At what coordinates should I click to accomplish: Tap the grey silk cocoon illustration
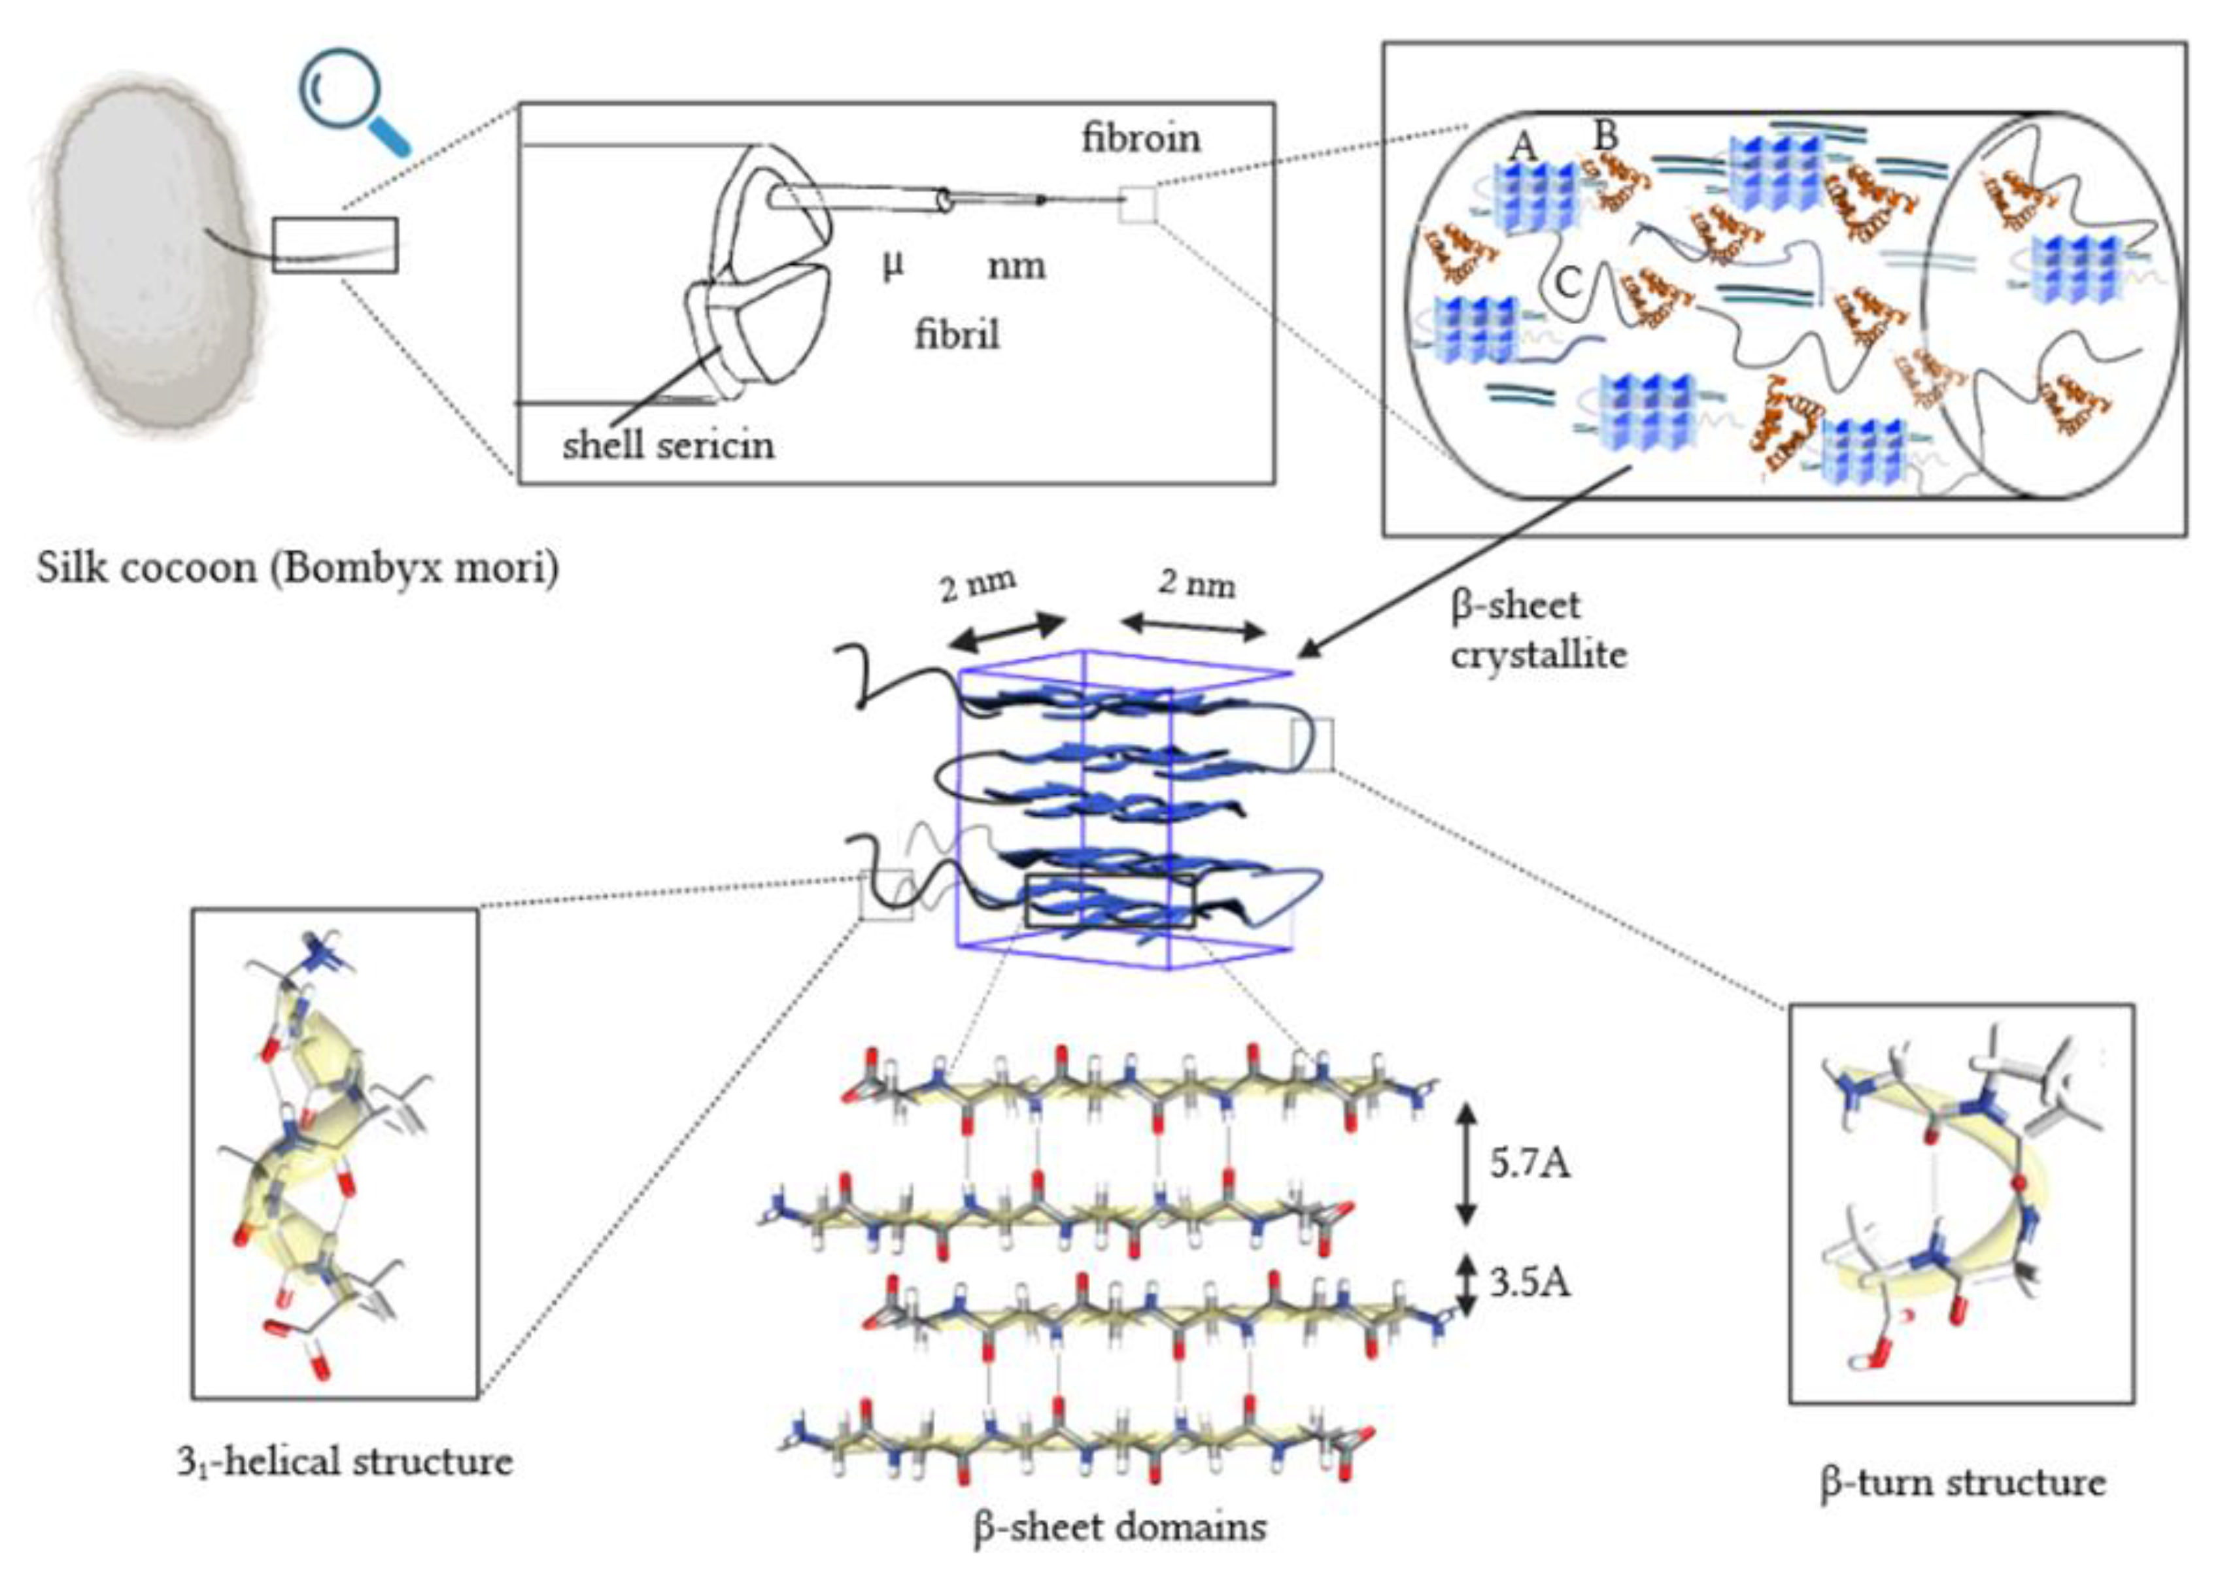(x=147, y=254)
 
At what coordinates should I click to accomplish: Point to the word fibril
(x=956, y=335)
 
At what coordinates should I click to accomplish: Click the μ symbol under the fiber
(x=892, y=264)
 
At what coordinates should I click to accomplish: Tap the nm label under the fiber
(x=1016, y=265)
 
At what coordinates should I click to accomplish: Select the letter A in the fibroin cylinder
(x=1523, y=147)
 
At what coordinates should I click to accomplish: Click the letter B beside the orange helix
(x=1605, y=136)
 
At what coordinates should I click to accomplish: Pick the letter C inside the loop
(x=1568, y=283)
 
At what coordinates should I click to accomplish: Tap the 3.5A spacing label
(x=1530, y=1283)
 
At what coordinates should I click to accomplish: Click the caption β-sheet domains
(x=1119, y=1526)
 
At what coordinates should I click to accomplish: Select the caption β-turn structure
(x=1962, y=1483)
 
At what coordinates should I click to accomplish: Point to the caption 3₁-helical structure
(x=345, y=1462)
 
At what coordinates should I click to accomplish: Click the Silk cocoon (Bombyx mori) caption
(x=299, y=567)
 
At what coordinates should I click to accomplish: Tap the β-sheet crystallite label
(x=1537, y=630)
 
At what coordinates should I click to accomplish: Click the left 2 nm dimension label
(x=977, y=585)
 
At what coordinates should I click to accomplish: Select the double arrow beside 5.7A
(x=1465, y=1164)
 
